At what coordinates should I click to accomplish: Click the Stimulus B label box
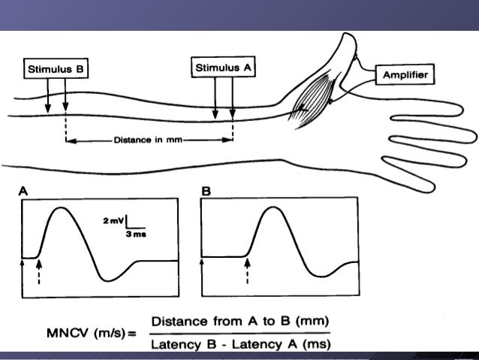(56, 69)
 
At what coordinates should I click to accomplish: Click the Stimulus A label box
(223, 68)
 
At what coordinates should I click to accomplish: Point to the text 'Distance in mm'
(148, 140)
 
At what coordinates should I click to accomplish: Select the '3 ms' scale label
(136, 234)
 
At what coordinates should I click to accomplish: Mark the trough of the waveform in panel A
(110, 280)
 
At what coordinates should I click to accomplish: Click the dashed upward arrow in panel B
(247, 269)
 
